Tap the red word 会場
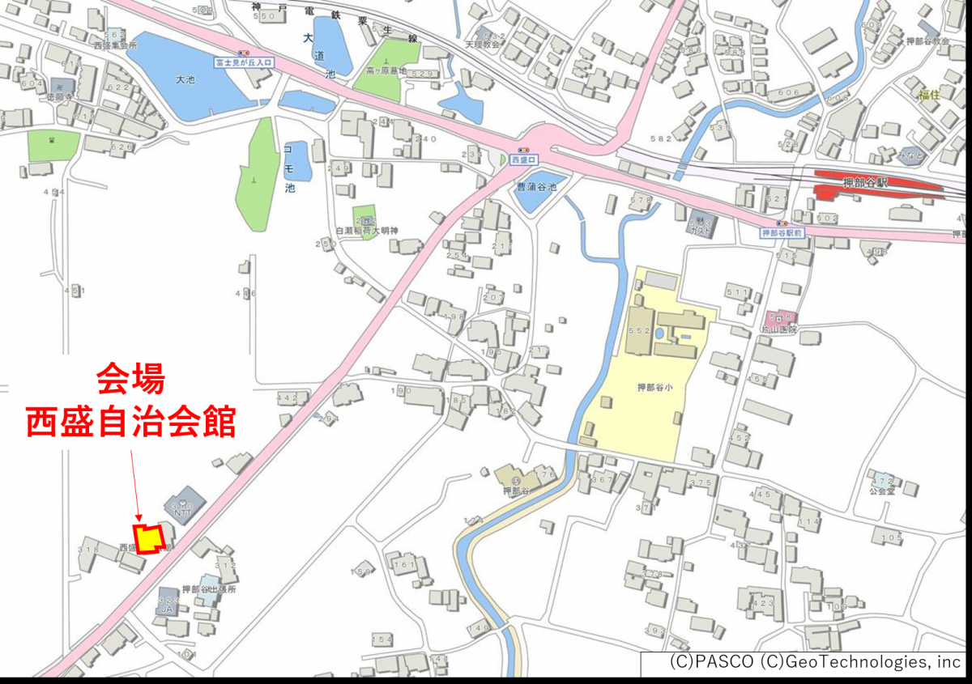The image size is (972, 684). [131, 378]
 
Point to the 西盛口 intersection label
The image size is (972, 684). [524, 160]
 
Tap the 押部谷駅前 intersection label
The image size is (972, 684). [782, 232]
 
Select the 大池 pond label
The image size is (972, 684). [185, 79]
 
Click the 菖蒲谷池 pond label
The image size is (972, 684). [537, 186]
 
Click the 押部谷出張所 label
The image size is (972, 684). [208, 589]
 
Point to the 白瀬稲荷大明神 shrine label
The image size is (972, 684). [367, 232]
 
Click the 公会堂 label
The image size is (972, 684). [880, 491]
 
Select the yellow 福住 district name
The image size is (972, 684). [928, 95]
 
